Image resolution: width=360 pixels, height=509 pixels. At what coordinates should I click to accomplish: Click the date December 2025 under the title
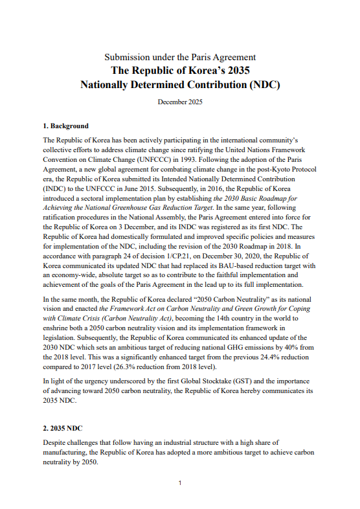pos(180,102)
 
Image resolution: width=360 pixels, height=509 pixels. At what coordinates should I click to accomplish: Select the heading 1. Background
pos(65,126)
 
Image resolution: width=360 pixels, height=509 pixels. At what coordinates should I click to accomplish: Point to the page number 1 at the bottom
pos(180,482)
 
